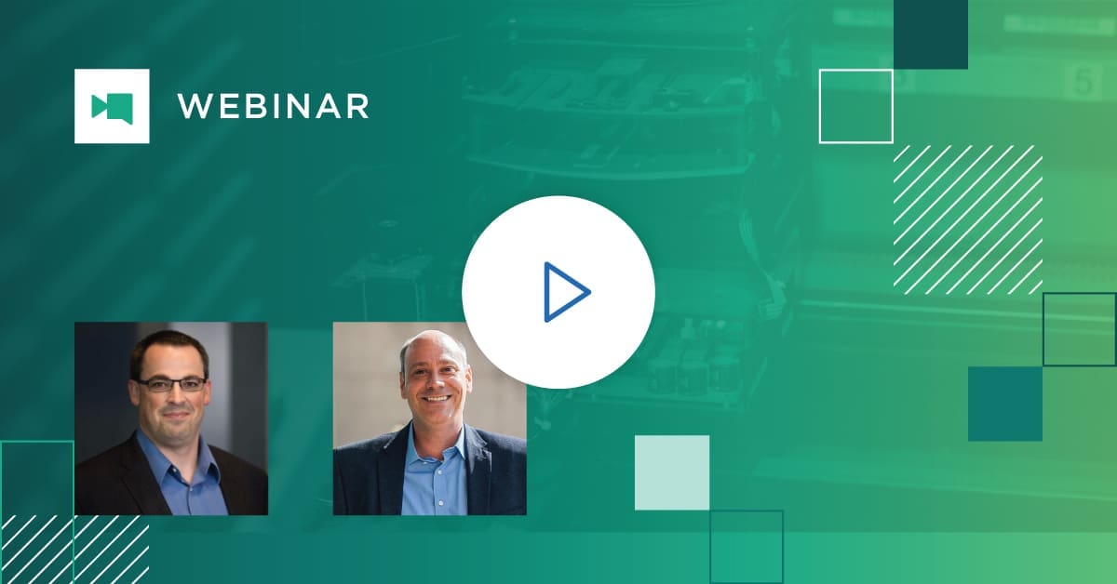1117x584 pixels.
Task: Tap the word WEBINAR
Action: tap(273, 106)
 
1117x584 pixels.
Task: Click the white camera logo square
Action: tap(112, 106)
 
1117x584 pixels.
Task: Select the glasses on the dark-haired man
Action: tap(170, 383)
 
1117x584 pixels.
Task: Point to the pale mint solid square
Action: tap(671, 472)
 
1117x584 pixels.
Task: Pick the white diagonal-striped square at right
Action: tap(967, 219)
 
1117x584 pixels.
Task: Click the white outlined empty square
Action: tap(855, 106)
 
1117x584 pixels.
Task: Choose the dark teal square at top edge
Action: tap(930, 33)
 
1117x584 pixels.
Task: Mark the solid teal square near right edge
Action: tap(1004, 404)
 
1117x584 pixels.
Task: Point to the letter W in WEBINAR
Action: tap(192, 106)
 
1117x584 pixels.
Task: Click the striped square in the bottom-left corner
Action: tap(74, 549)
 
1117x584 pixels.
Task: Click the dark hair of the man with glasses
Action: tap(168, 344)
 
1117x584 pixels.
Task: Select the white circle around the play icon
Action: tap(493, 251)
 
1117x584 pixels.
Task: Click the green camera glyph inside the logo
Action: tap(112, 107)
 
